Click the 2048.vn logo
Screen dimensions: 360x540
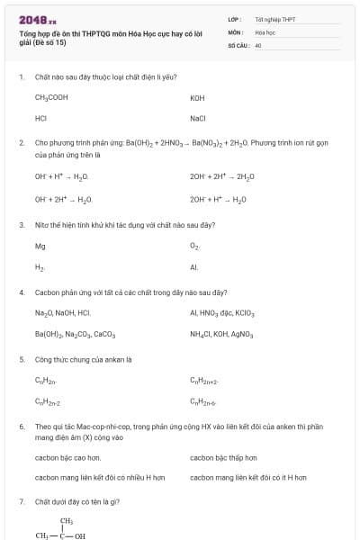pos(37,19)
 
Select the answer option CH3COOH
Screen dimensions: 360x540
pos(51,97)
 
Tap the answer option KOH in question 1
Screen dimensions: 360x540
pos(198,97)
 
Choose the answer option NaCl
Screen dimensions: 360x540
pos(198,118)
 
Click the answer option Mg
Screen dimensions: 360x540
pos(40,245)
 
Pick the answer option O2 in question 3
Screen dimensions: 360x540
pos(194,245)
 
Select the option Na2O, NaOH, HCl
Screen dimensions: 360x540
pos(63,313)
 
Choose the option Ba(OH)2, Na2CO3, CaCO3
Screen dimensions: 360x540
pos(75,334)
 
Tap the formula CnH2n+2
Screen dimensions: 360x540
pos(204,381)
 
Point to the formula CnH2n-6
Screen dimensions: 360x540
pos(204,401)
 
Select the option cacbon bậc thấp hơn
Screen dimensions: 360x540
pos(222,457)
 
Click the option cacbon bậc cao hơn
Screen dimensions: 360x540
pos(67,457)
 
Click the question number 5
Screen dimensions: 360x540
pos(22,359)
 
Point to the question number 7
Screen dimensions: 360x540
pos(22,500)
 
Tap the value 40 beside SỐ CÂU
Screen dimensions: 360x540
pos(258,43)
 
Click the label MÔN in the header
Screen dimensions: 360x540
pos(235,31)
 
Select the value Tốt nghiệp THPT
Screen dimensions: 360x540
pos(275,18)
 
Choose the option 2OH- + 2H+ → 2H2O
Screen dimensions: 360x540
pos(222,176)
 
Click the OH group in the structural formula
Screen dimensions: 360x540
pos(80,535)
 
